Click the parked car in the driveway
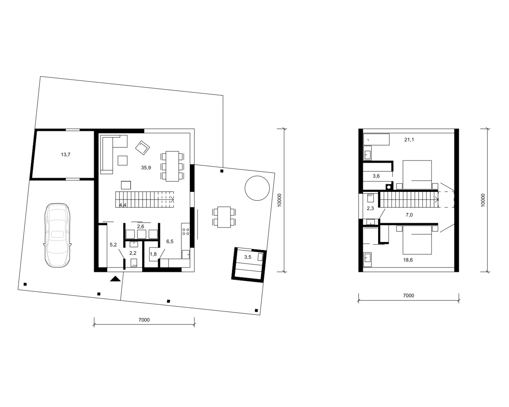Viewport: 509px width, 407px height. point(57,235)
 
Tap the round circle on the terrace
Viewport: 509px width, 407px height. point(257,188)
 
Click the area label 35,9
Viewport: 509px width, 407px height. point(146,168)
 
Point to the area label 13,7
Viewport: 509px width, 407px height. point(65,155)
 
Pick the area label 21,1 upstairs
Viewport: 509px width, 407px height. point(409,140)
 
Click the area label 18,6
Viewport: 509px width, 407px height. point(408,260)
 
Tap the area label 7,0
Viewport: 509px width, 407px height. point(409,215)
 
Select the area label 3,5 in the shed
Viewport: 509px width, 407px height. point(248,257)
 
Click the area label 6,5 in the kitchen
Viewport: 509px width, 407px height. point(170,241)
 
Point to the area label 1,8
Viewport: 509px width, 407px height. point(153,254)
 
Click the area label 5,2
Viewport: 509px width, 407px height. point(113,245)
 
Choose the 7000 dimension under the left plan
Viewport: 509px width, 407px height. point(144,320)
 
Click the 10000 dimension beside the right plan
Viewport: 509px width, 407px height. point(483,200)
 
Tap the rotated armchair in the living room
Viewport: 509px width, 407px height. point(143,148)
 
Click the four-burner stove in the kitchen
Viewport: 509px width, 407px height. point(186,232)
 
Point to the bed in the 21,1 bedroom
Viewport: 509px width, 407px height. point(417,175)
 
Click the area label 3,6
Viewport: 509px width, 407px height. point(376,176)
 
